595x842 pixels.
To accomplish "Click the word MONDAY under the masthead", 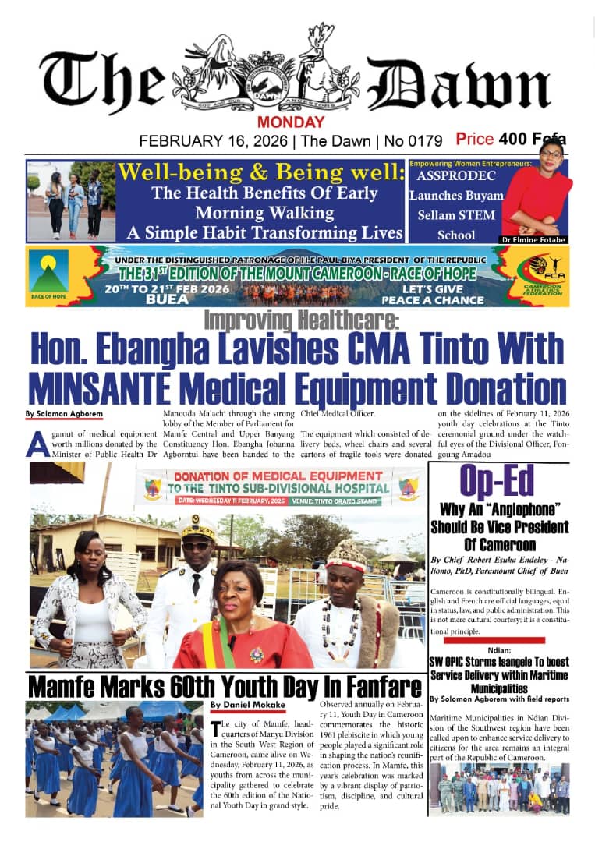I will point(291,122).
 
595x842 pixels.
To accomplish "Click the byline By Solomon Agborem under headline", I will point(54,412).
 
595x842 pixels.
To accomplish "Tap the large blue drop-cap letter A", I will point(34,443).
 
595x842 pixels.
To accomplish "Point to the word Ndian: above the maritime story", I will point(500,646).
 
